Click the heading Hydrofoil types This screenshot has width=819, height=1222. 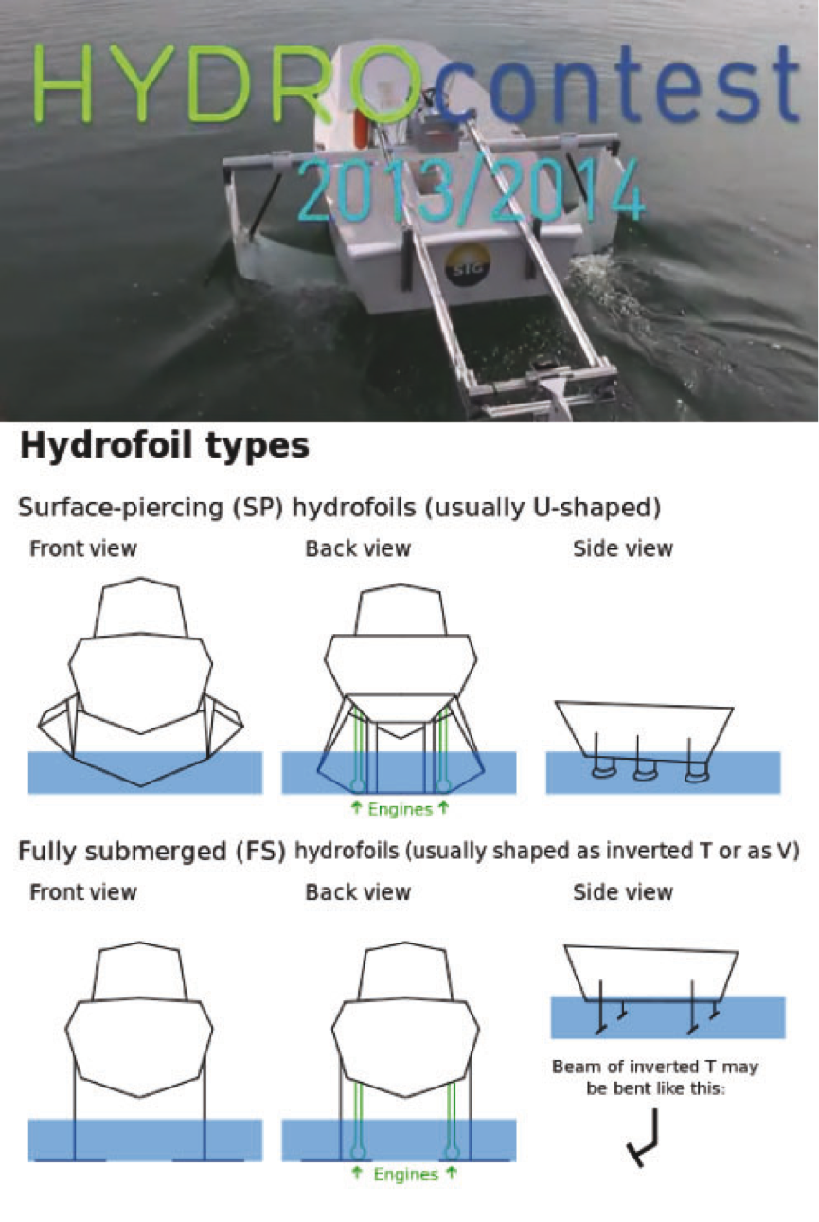click(164, 446)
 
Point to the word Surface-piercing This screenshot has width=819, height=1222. click(121, 508)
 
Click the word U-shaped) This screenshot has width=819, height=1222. click(596, 508)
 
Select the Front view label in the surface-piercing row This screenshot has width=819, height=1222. click(83, 548)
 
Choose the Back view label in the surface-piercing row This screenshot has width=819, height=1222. click(358, 548)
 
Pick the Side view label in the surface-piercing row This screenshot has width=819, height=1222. click(623, 548)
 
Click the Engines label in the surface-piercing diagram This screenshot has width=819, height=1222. click(400, 810)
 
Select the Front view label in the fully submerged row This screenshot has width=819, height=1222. click(83, 892)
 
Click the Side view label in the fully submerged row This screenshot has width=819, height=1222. click(623, 892)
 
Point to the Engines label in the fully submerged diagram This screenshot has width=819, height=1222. click(405, 1175)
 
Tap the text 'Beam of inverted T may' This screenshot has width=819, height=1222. click(655, 1066)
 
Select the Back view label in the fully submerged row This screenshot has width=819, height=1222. click(358, 892)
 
